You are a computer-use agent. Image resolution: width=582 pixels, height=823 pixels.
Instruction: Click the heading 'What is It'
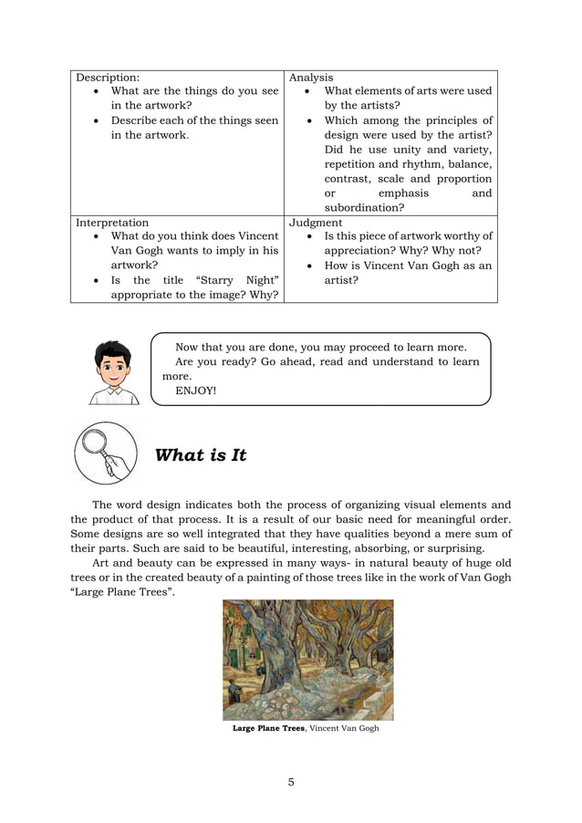click(201, 455)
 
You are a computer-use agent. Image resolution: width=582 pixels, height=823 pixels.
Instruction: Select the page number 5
click(290, 781)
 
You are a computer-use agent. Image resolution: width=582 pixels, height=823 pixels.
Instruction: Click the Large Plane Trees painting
click(307, 660)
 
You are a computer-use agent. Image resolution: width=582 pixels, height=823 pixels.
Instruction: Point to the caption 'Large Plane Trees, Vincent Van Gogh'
click(305, 728)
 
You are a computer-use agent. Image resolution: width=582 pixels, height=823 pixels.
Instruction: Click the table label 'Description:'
click(108, 78)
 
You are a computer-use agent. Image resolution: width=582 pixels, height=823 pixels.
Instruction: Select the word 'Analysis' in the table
click(311, 78)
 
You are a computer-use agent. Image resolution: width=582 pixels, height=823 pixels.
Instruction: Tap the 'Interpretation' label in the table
click(112, 222)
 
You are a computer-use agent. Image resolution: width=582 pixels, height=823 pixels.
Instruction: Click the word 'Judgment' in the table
click(316, 222)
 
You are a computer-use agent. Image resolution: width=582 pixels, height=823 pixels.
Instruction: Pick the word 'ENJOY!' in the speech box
click(195, 391)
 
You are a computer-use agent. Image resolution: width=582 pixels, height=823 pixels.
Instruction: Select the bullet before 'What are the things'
click(97, 91)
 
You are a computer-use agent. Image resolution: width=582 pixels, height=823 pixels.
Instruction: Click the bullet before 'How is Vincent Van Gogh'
click(311, 266)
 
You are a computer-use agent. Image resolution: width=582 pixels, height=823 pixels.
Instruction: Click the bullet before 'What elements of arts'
click(311, 91)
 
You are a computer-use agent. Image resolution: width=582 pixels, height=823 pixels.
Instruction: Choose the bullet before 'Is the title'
click(97, 280)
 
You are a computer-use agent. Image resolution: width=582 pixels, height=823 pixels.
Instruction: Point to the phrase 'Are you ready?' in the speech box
click(215, 361)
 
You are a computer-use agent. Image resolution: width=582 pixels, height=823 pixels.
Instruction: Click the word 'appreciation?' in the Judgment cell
click(366, 251)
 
